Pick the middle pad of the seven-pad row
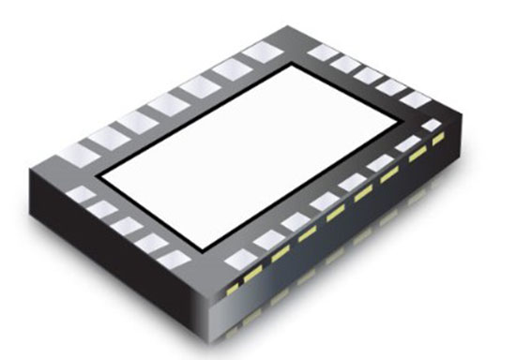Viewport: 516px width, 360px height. point(168,102)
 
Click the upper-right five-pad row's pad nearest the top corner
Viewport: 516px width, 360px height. point(322,52)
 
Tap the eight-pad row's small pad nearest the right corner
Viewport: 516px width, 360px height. point(431,125)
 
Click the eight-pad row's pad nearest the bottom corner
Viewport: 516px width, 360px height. point(238,260)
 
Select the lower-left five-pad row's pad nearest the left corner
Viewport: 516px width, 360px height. point(83,195)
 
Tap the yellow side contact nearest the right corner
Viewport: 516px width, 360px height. point(436,140)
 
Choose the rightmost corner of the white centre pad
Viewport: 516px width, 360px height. point(407,126)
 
